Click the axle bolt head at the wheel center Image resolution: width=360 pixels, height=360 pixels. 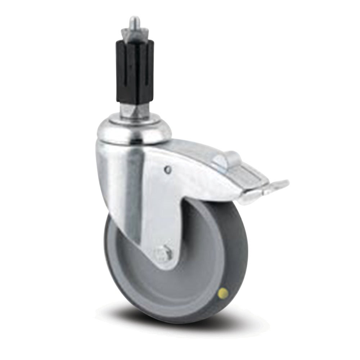[x=165, y=254]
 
